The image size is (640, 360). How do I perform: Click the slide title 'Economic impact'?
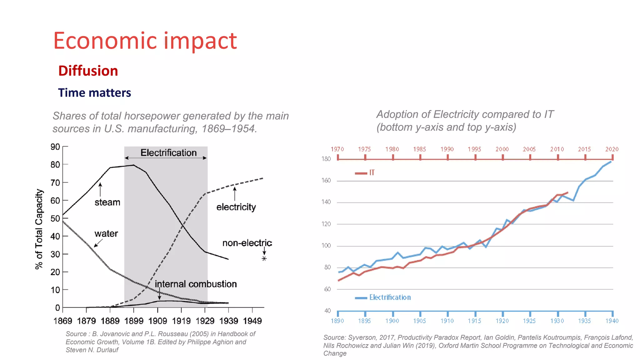point(145,41)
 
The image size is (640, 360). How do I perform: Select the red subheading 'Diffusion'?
point(88,71)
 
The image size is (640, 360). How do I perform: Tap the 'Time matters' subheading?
point(94,93)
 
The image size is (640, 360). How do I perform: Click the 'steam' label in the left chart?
point(107,202)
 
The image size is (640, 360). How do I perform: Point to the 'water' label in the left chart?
point(106,234)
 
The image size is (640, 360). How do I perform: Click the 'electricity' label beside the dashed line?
point(236,207)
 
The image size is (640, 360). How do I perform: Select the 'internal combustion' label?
point(196,284)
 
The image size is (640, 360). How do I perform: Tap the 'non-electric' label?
point(247,243)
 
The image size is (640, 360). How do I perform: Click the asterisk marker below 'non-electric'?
point(264,259)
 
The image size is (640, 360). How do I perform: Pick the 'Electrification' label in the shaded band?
point(168,153)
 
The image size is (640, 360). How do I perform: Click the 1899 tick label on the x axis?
point(134,321)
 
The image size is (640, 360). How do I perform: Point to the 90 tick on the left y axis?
point(55,147)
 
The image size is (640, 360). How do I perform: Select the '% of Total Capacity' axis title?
point(39,229)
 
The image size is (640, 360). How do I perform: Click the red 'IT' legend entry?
point(372,172)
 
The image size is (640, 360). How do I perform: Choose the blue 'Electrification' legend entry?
point(390,297)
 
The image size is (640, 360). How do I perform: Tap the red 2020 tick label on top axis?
point(612,149)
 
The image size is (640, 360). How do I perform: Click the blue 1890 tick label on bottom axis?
point(337,321)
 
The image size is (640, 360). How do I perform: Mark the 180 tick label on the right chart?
point(326,159)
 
